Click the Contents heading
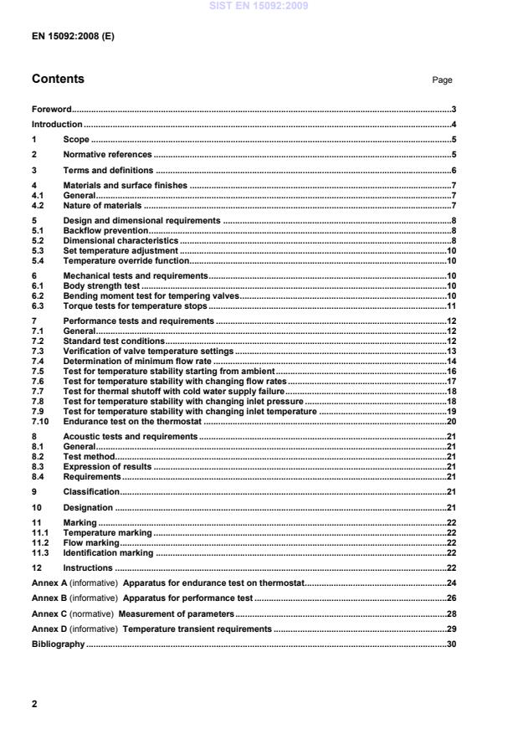(58, 80)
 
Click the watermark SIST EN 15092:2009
(259, 6)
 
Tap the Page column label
(442, 80)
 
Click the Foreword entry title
(51, 109)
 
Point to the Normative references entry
(107, 155)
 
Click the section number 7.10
(40, 422)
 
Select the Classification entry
(91, 491)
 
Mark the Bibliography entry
(58, 644)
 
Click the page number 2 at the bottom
(34, 704)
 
